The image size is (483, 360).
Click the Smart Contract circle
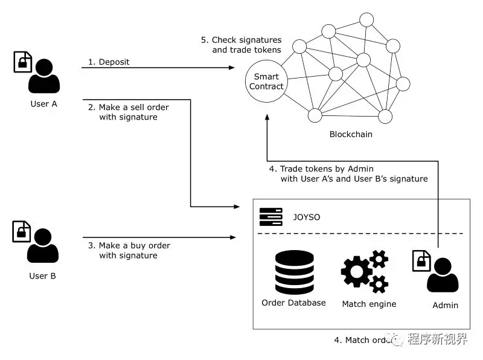point(266,82)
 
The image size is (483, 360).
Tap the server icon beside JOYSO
point(271,215)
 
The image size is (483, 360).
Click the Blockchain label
point(351,134)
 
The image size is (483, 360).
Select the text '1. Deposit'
point(109,62)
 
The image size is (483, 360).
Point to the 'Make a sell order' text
point(129,108)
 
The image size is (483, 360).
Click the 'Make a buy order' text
point(129,246)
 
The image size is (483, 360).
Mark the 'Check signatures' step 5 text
point(241,40)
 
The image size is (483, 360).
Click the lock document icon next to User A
point(22,62)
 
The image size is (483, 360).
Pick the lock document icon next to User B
point(22,231)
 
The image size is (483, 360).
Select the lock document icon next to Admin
point(421,261)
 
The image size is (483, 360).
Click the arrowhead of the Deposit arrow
point(231,67)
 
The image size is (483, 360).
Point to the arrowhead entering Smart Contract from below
point(266,119)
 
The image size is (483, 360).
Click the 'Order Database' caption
point(293,303)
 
